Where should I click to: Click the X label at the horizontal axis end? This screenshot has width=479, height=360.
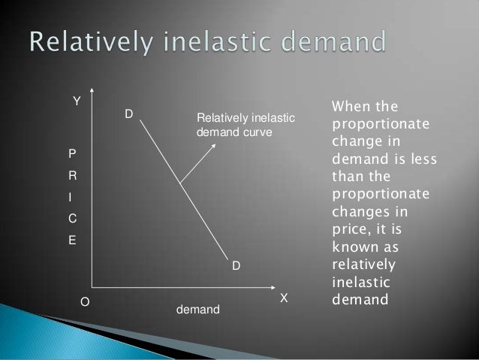click(x=284, y=298)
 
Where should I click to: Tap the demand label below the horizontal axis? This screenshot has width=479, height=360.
click(x=194, y=308)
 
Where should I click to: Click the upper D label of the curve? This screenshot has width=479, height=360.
click(x=128, y=114)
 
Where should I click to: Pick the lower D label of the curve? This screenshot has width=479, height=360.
click(x=235, y=267)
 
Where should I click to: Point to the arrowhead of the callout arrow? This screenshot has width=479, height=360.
click(x=215, y=144)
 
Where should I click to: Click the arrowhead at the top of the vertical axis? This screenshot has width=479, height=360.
click(x=91, y=97)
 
